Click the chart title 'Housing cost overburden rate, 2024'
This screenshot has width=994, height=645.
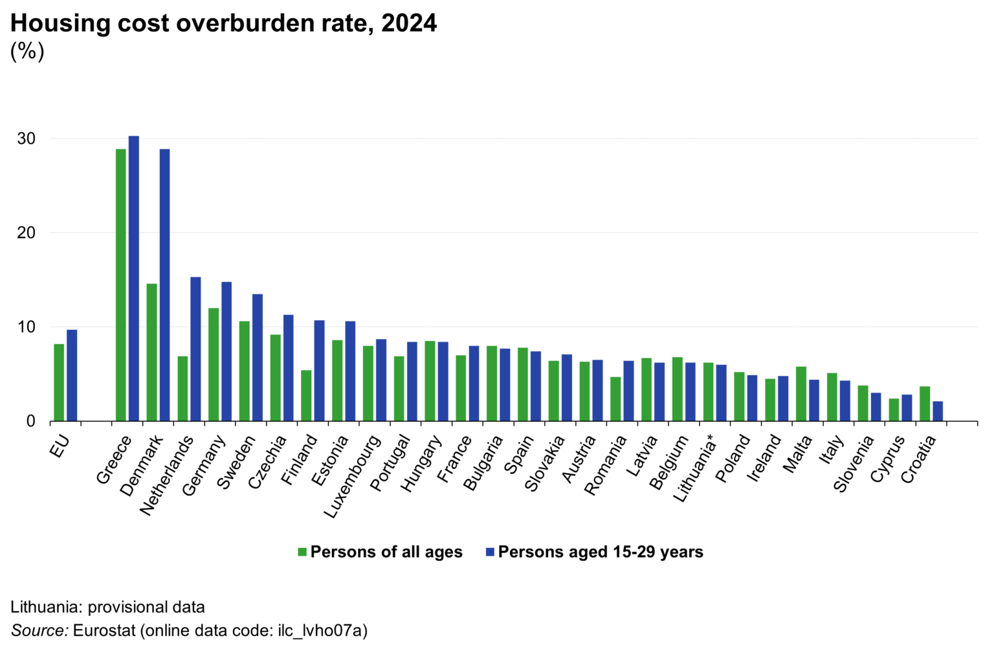point(223,23)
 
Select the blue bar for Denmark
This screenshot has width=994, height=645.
point(164,285)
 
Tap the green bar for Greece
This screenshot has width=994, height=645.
point(120,285)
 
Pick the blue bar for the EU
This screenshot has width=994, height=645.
point(72,375)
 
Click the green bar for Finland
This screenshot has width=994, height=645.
point(306,395)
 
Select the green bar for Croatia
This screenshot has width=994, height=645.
point(925,404)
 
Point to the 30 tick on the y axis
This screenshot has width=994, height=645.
point(27,139)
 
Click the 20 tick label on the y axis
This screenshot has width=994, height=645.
point(27,233)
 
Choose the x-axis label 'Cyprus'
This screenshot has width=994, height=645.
point(887,459)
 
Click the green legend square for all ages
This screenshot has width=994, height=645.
point(302,552)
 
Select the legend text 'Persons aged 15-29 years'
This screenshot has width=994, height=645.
point(600,552)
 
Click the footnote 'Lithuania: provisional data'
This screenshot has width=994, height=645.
point(107,607)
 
